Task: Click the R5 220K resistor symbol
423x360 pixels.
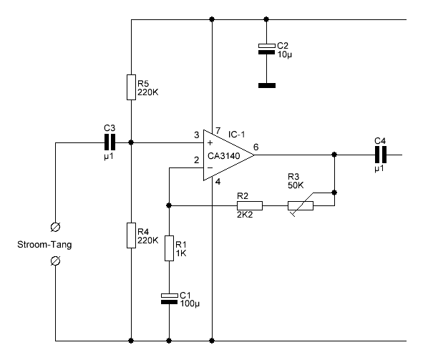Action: pyautogui.click(x=132, y=87)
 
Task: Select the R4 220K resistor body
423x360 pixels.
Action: pyautogui.click(x=132, y=235)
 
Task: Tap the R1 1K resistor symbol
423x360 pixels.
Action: pyautogui.click(x=169, y=248)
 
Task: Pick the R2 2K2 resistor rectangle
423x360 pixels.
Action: pyautogui.click(x=250, y=205)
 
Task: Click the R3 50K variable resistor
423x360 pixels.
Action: pyautogui.click(x=301, y=205)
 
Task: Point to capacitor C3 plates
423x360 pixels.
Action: pyautogui.click(x=110, y=142)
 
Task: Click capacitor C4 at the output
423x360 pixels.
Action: pyautogui.click(x=381, y=155)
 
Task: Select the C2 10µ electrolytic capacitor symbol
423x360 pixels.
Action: pyautogui.click(x=266, y=49)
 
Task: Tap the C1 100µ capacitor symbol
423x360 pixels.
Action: pyautogui.click(x=169, y=298)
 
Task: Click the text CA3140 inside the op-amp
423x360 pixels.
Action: pyautogui.click(x=223, y=156)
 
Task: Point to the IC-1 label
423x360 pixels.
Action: pyautogui.click(x=237, y=135)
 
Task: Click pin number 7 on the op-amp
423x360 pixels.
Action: pyautogui.click(x=218, y=131)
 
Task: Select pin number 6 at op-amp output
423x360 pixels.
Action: pyautogui.click(x=256, y=147)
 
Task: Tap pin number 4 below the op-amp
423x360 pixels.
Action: pyautogui.click(x=218, y=182)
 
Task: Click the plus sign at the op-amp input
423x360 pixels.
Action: pyautogui.click(x=210, y=142)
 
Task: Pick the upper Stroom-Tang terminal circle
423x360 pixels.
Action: pyautogui.click(x=56, y=227)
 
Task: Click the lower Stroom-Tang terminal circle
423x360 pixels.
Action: pyautogui.click(x=56, y=261)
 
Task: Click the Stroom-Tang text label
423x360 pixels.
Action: pyautogui.click(x=44, y=245)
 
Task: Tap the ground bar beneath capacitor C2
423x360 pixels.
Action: pyautogui.click(x=267, y=85)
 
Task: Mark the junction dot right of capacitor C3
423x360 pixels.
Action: pyautogui.click(x=131, y=142)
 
